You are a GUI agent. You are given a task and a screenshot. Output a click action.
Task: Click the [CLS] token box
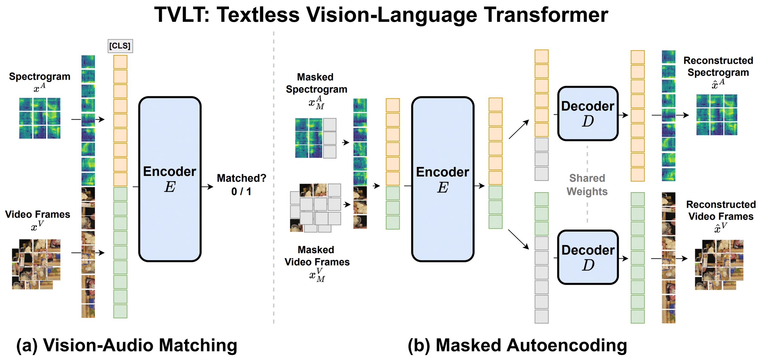tap(120, 46)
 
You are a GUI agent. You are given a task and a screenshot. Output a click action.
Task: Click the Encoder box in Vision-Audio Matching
tap(170, 179)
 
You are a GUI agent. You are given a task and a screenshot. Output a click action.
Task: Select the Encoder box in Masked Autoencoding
tap(442, 179)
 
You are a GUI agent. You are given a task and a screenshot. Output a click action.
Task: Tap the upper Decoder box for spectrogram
tap(587, 113)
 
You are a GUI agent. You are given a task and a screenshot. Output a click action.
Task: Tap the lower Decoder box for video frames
tap(587, 257)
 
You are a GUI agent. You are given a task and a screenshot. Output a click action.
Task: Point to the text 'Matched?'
tap(241, 178)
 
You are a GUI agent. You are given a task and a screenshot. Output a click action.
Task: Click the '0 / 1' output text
tap(241, 192)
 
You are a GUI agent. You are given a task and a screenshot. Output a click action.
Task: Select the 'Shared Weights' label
tap(587, 185)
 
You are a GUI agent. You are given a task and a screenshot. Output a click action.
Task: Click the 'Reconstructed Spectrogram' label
tap(718, 67)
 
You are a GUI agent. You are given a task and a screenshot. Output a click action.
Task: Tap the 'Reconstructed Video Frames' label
tap(721, 210)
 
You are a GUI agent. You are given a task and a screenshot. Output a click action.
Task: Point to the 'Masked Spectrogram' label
tap(316, 83)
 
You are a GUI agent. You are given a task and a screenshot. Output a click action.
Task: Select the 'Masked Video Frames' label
tap(317, 256)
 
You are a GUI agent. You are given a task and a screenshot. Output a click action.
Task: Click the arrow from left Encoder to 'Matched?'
tap(207, 187)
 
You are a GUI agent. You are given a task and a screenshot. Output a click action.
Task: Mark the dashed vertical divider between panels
tap(273, 178)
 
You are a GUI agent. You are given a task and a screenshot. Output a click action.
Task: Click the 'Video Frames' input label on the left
tap(38, 215)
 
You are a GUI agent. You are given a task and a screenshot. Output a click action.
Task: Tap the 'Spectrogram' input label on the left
tap(40, 76)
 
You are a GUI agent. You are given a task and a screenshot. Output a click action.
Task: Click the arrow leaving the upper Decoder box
tap(623, 115)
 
